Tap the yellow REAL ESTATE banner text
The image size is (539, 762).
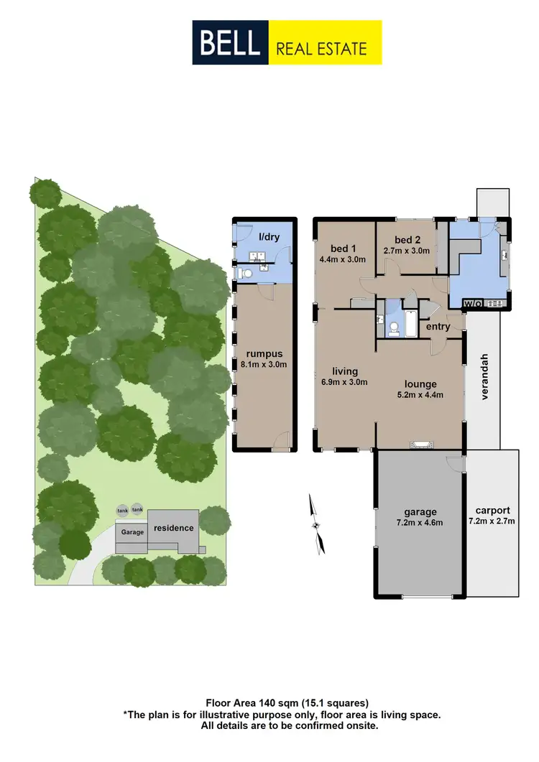pyautogui.click(x=321, y=49)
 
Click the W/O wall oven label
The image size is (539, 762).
pyautogui.click(x=474, y=303)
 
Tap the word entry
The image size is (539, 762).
pyautogui.click(x=438, y=327)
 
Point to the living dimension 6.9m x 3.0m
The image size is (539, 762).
pyautogui.click(x=345, y=382)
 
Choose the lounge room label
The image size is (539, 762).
pyautogui.click(x=421, y=384)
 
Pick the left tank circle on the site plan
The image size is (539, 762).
pyautogui.click(x=123, y=510)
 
